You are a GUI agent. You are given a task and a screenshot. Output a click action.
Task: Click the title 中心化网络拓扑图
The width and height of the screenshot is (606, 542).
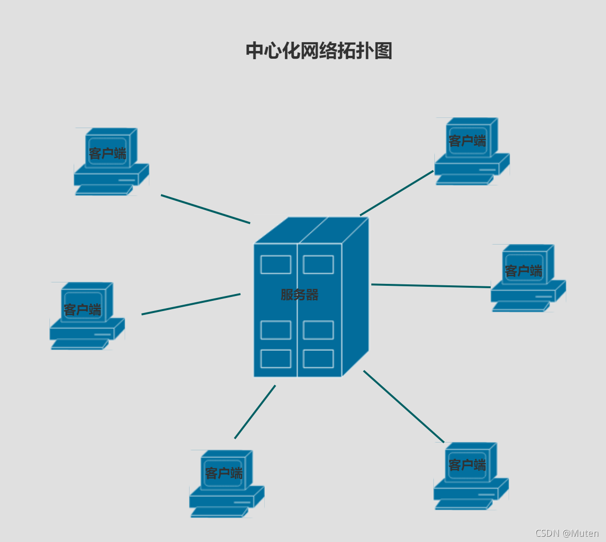(x=319, y=50)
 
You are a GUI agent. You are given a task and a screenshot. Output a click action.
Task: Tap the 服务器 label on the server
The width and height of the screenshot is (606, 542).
(x=299, y=295)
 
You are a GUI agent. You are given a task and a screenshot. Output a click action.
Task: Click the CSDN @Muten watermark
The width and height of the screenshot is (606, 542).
(x=567, y=533)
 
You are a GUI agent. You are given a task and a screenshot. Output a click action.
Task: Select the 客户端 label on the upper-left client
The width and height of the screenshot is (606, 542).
(x=107, y=154)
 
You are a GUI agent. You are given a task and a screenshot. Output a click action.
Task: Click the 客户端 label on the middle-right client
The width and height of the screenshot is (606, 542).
(x=523, y=271)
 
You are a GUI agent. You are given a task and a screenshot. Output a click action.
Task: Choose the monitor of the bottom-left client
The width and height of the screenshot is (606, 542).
(x=224, y=472)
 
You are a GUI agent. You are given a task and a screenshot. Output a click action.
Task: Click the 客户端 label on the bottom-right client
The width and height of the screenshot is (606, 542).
(x=467, y=465)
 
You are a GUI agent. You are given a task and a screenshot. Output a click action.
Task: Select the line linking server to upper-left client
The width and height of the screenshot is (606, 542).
(x=206, y=209)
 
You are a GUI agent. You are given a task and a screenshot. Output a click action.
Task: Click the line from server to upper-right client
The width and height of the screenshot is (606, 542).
(x=397, y=193)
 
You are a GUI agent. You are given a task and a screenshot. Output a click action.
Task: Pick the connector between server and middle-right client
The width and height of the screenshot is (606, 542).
(x=431, y=286)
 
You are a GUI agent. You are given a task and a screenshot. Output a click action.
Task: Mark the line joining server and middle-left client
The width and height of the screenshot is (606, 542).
(x=191, y=304)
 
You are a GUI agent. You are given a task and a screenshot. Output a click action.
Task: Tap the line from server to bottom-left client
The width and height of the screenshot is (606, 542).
(x=255, y=412)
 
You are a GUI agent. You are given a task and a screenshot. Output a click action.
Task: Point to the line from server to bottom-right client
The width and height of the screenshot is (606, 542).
(x=403, y=407)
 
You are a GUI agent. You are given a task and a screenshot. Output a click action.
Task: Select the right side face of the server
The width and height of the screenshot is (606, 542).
(x=355, y=296)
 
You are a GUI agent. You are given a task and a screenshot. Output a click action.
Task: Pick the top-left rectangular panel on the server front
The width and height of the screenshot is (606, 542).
(x=276, y=264)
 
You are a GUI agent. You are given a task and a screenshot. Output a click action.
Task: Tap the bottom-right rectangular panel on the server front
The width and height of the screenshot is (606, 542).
(x=318, y=359)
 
